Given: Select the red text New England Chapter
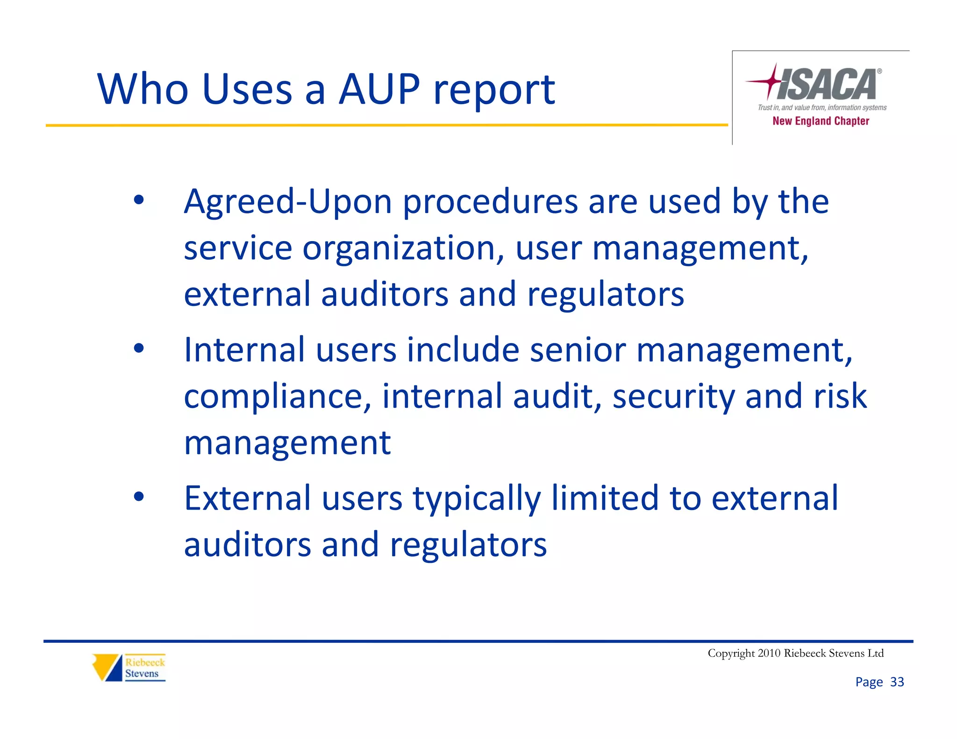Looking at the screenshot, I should pyautogui.click(x=821, y=121).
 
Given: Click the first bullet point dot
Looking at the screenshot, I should pyautogui.click(x=139, y=200).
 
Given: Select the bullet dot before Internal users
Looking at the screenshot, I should pyautogui.click(x=139, y=348).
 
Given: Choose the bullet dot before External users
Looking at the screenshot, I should pyautogui.click(x=139, y=497).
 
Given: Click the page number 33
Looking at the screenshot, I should pyautogui.click(x=897, y=682).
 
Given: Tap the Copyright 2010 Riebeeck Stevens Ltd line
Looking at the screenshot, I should pyautogui.click(x=795, y=653).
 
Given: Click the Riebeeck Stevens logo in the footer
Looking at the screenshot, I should pyautogui.click(x=129, y=668).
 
